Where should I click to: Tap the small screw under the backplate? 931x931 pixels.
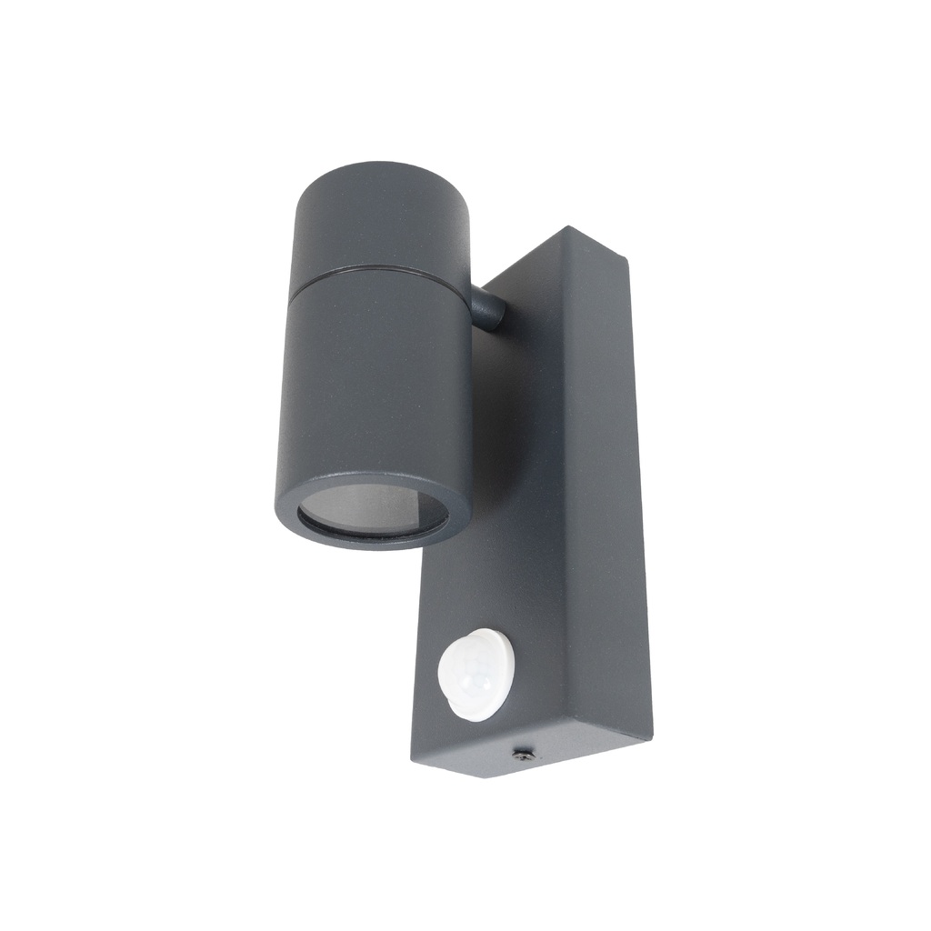(x=523, y=754)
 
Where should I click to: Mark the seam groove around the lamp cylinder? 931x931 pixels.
(x=382, y=270)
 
